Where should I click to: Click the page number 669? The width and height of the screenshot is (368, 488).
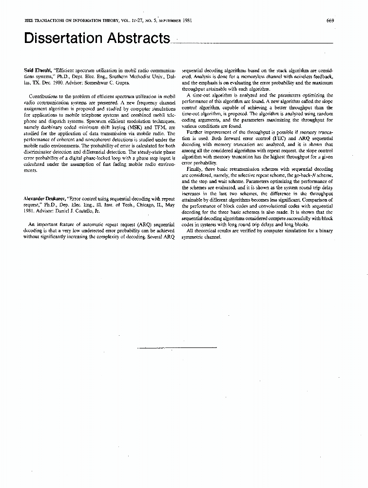click(x=329, y=20)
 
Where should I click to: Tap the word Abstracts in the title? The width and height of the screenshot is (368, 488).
click(x=137, y=39)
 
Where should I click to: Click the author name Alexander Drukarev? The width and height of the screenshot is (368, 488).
click(x=45, y=199)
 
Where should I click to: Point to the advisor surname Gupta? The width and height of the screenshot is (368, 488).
click(x=122, y=83)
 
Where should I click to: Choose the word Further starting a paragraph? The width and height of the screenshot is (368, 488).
click(x=196, y=132)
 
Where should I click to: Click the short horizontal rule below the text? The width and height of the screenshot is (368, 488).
click(x=177, y=347)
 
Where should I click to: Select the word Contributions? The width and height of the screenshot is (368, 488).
click(x=45, y=96)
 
